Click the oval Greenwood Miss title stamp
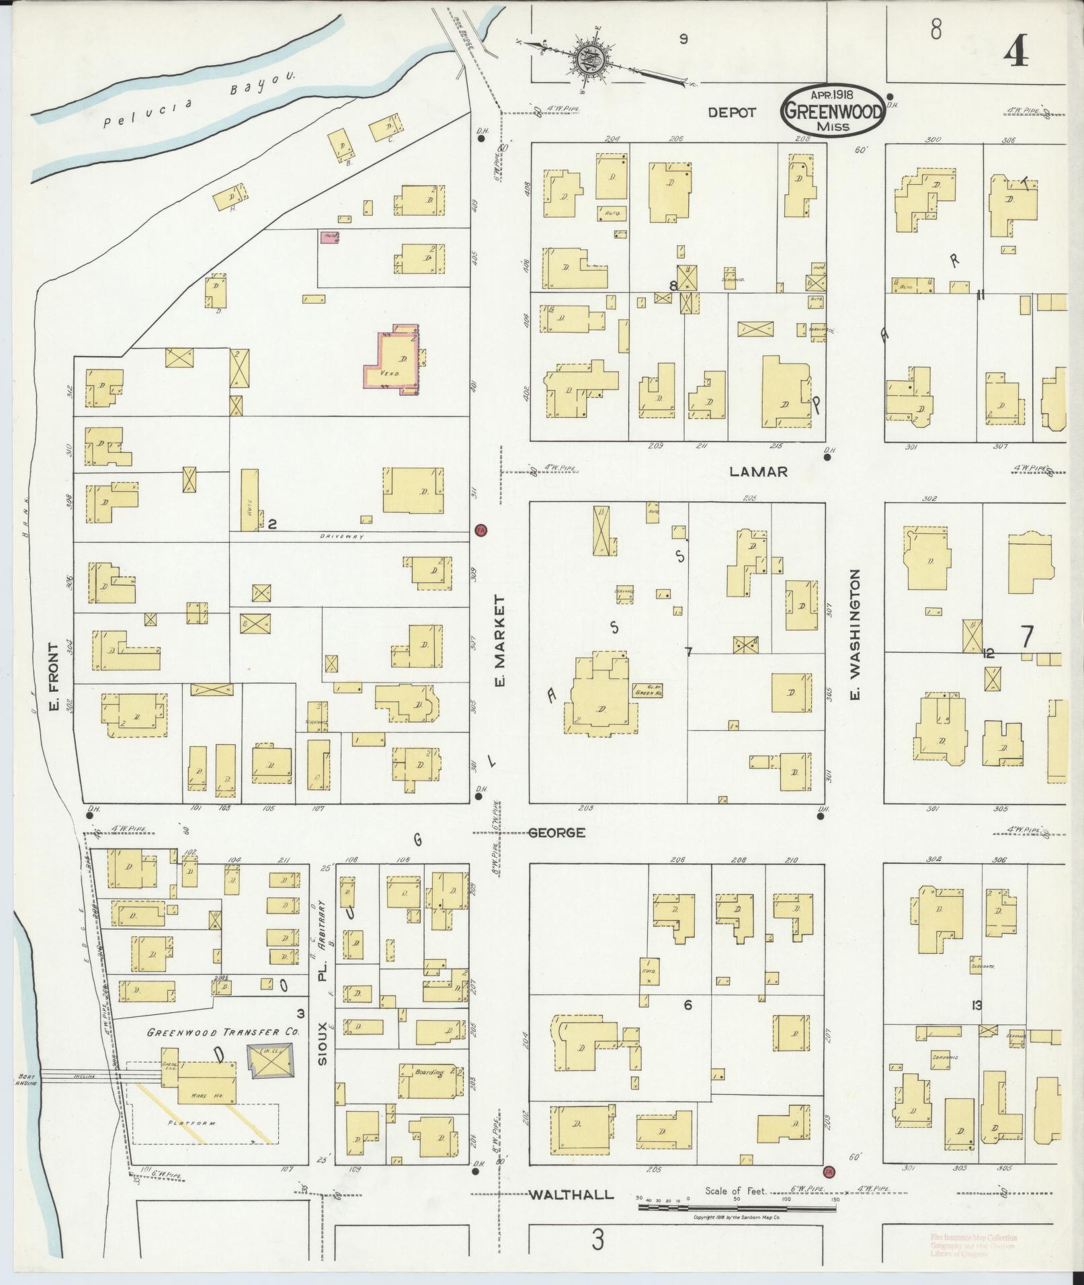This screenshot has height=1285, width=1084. (833, 111)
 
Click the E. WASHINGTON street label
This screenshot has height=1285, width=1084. (856, 635)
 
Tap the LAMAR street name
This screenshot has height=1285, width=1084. (758, 472)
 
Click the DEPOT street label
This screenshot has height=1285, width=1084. (732, 113)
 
